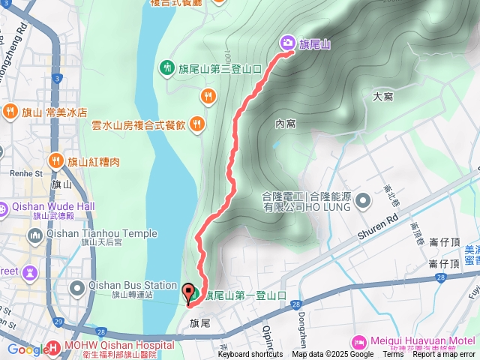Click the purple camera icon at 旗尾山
287,43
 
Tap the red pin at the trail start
187,292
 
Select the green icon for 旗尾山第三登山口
167,67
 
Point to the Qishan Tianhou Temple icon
34,236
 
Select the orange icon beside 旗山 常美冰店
10,112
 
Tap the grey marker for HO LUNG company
363,200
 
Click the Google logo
28,349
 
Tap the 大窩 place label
382,96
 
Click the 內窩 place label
285,123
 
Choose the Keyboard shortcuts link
250,355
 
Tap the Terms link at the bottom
394,355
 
